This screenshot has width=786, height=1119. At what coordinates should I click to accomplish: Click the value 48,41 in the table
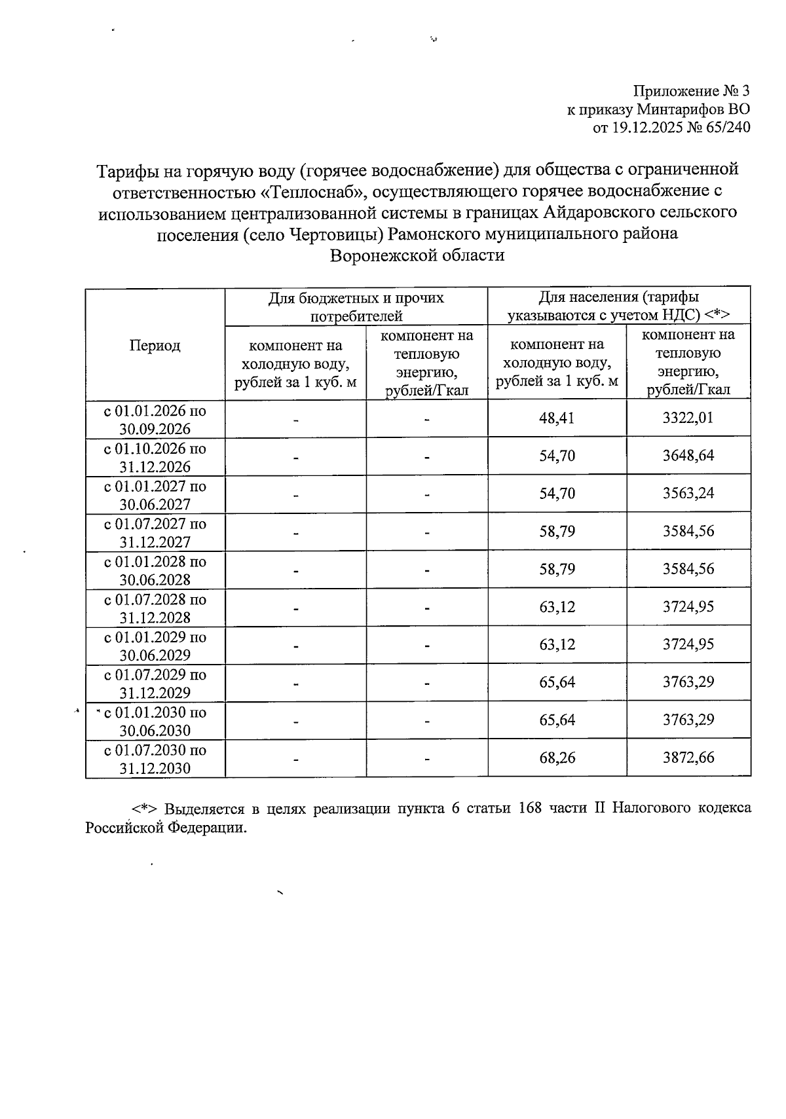click(x=557, y=418)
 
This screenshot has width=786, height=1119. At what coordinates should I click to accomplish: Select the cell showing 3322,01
click(x=688, y=418)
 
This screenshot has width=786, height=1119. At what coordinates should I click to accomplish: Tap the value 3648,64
click(x=688, y=456)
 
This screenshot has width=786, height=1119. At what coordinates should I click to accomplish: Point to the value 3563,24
click(x=688, y=493)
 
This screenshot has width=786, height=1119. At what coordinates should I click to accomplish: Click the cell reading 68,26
click(x=557, y=758)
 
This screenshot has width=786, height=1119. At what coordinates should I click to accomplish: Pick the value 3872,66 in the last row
click(x=688, y=758)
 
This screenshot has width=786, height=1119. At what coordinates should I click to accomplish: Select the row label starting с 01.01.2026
click(x=155, y=420)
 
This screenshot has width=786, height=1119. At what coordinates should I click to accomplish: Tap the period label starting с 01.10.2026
click(x=155, y=458)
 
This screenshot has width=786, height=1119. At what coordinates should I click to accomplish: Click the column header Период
click(x=155, y=346)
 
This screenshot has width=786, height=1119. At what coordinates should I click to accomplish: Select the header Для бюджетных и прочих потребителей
click(x=356, y=307)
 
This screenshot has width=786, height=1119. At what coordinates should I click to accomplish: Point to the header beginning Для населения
click(x=618, y=306)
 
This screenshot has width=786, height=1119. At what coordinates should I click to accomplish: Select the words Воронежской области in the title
click(x=417, y=255)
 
